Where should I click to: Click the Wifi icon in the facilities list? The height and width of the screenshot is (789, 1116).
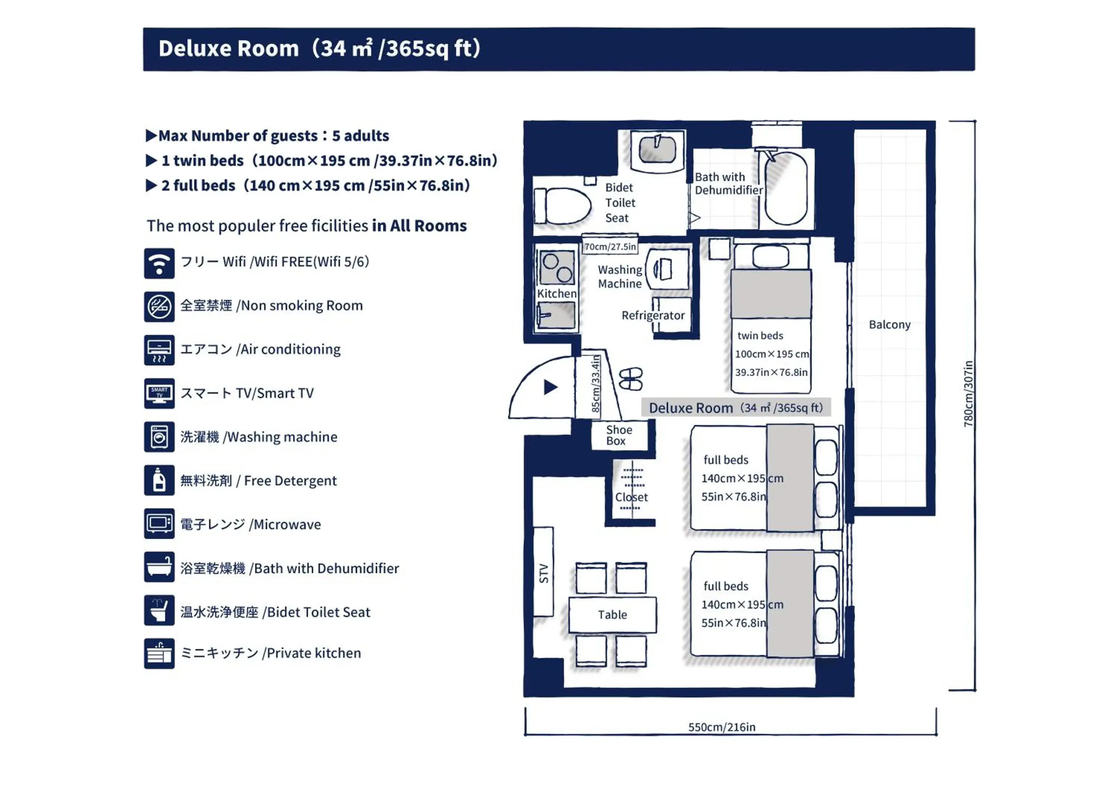[x=159, y=263]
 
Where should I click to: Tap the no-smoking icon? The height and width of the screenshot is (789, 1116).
[x=159, y=307]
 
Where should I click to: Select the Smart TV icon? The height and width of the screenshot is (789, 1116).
[x=159, y=393]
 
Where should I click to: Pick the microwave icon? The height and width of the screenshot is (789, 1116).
[x=159, y=524]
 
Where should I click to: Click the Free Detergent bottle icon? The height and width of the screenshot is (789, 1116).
[x=159, y=480]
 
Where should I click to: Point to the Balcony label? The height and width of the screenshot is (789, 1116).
[x=889, y=325]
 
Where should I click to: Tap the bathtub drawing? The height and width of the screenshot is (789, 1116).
[x=786, y=188]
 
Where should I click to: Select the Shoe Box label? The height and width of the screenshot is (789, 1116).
[x=619, y=435]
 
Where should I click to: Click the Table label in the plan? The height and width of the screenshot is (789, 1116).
[x=612, y=615]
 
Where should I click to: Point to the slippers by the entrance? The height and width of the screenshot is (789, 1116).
[x=631, y=379]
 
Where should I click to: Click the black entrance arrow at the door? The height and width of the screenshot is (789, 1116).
[x=550, y=387]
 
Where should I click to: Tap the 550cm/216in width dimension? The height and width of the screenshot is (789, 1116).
[x=722, y=727]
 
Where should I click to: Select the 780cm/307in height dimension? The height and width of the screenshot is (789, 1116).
[x=968, y=394]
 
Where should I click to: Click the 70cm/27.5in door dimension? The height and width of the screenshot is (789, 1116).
[x=610, y=247]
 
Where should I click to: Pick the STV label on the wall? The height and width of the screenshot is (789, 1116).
[x=543, y=574]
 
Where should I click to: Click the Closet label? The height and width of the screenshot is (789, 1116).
[x=631, y=497]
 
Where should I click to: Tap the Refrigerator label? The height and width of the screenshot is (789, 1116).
[x=653, y=316]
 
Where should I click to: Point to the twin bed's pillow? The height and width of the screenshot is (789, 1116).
[x=770, y=257]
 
